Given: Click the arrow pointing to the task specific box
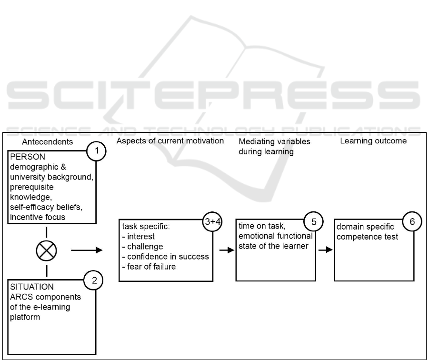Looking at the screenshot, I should [x=86, y=249].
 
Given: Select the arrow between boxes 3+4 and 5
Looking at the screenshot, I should [x=227, y=250].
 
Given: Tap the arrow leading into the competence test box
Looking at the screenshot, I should [x=326, y=249].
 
